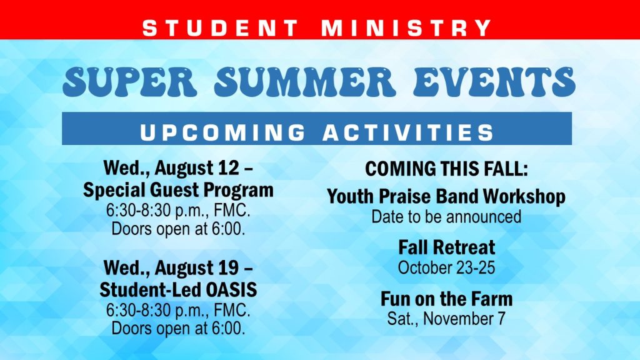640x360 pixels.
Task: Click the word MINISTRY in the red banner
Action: pyautogui.click(x=406, y=28)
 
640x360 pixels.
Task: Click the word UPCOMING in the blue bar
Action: pyautogui.click(x=223, y=132)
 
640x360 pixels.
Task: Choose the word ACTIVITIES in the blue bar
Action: pyautogui.click(x=408, y=132)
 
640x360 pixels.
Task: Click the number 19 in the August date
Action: pyautogui.click(x=228, y=267)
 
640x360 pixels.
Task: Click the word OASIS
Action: pyautogui.click(x=231, y=290)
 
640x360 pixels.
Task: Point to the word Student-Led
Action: pyautogui.click(x=151, y=290)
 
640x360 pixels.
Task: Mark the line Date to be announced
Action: pyautogui.click(x=446, y=216)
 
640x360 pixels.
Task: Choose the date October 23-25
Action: pyautogui.click(x=446, y=267)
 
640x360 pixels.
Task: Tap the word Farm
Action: pyautogui.click(x=492, y=299)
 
